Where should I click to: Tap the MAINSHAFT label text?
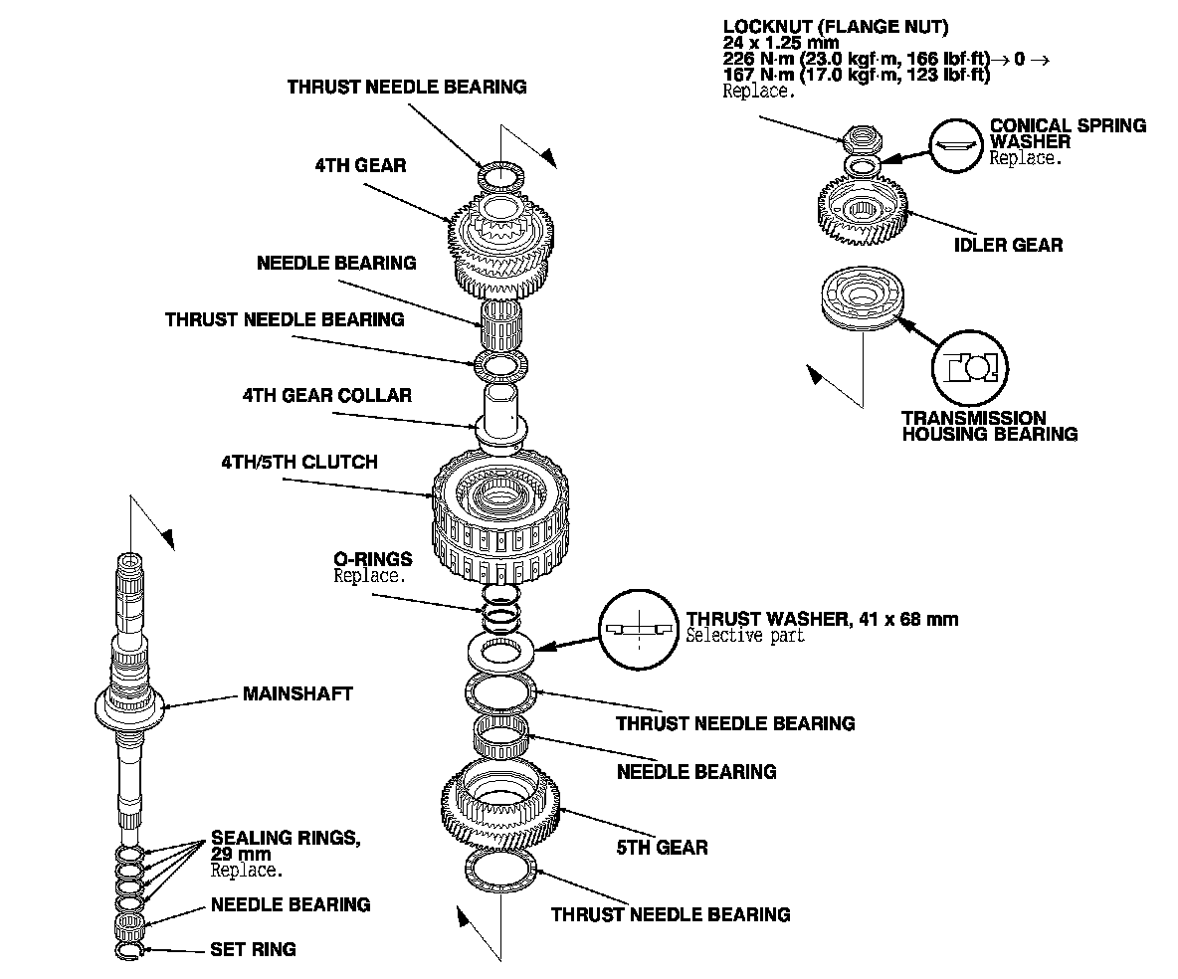[297, 693]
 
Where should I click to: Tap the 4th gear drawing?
[501, 245]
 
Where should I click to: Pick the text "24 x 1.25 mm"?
[780, 43]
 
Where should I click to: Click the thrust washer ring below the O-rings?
[500, 653]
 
